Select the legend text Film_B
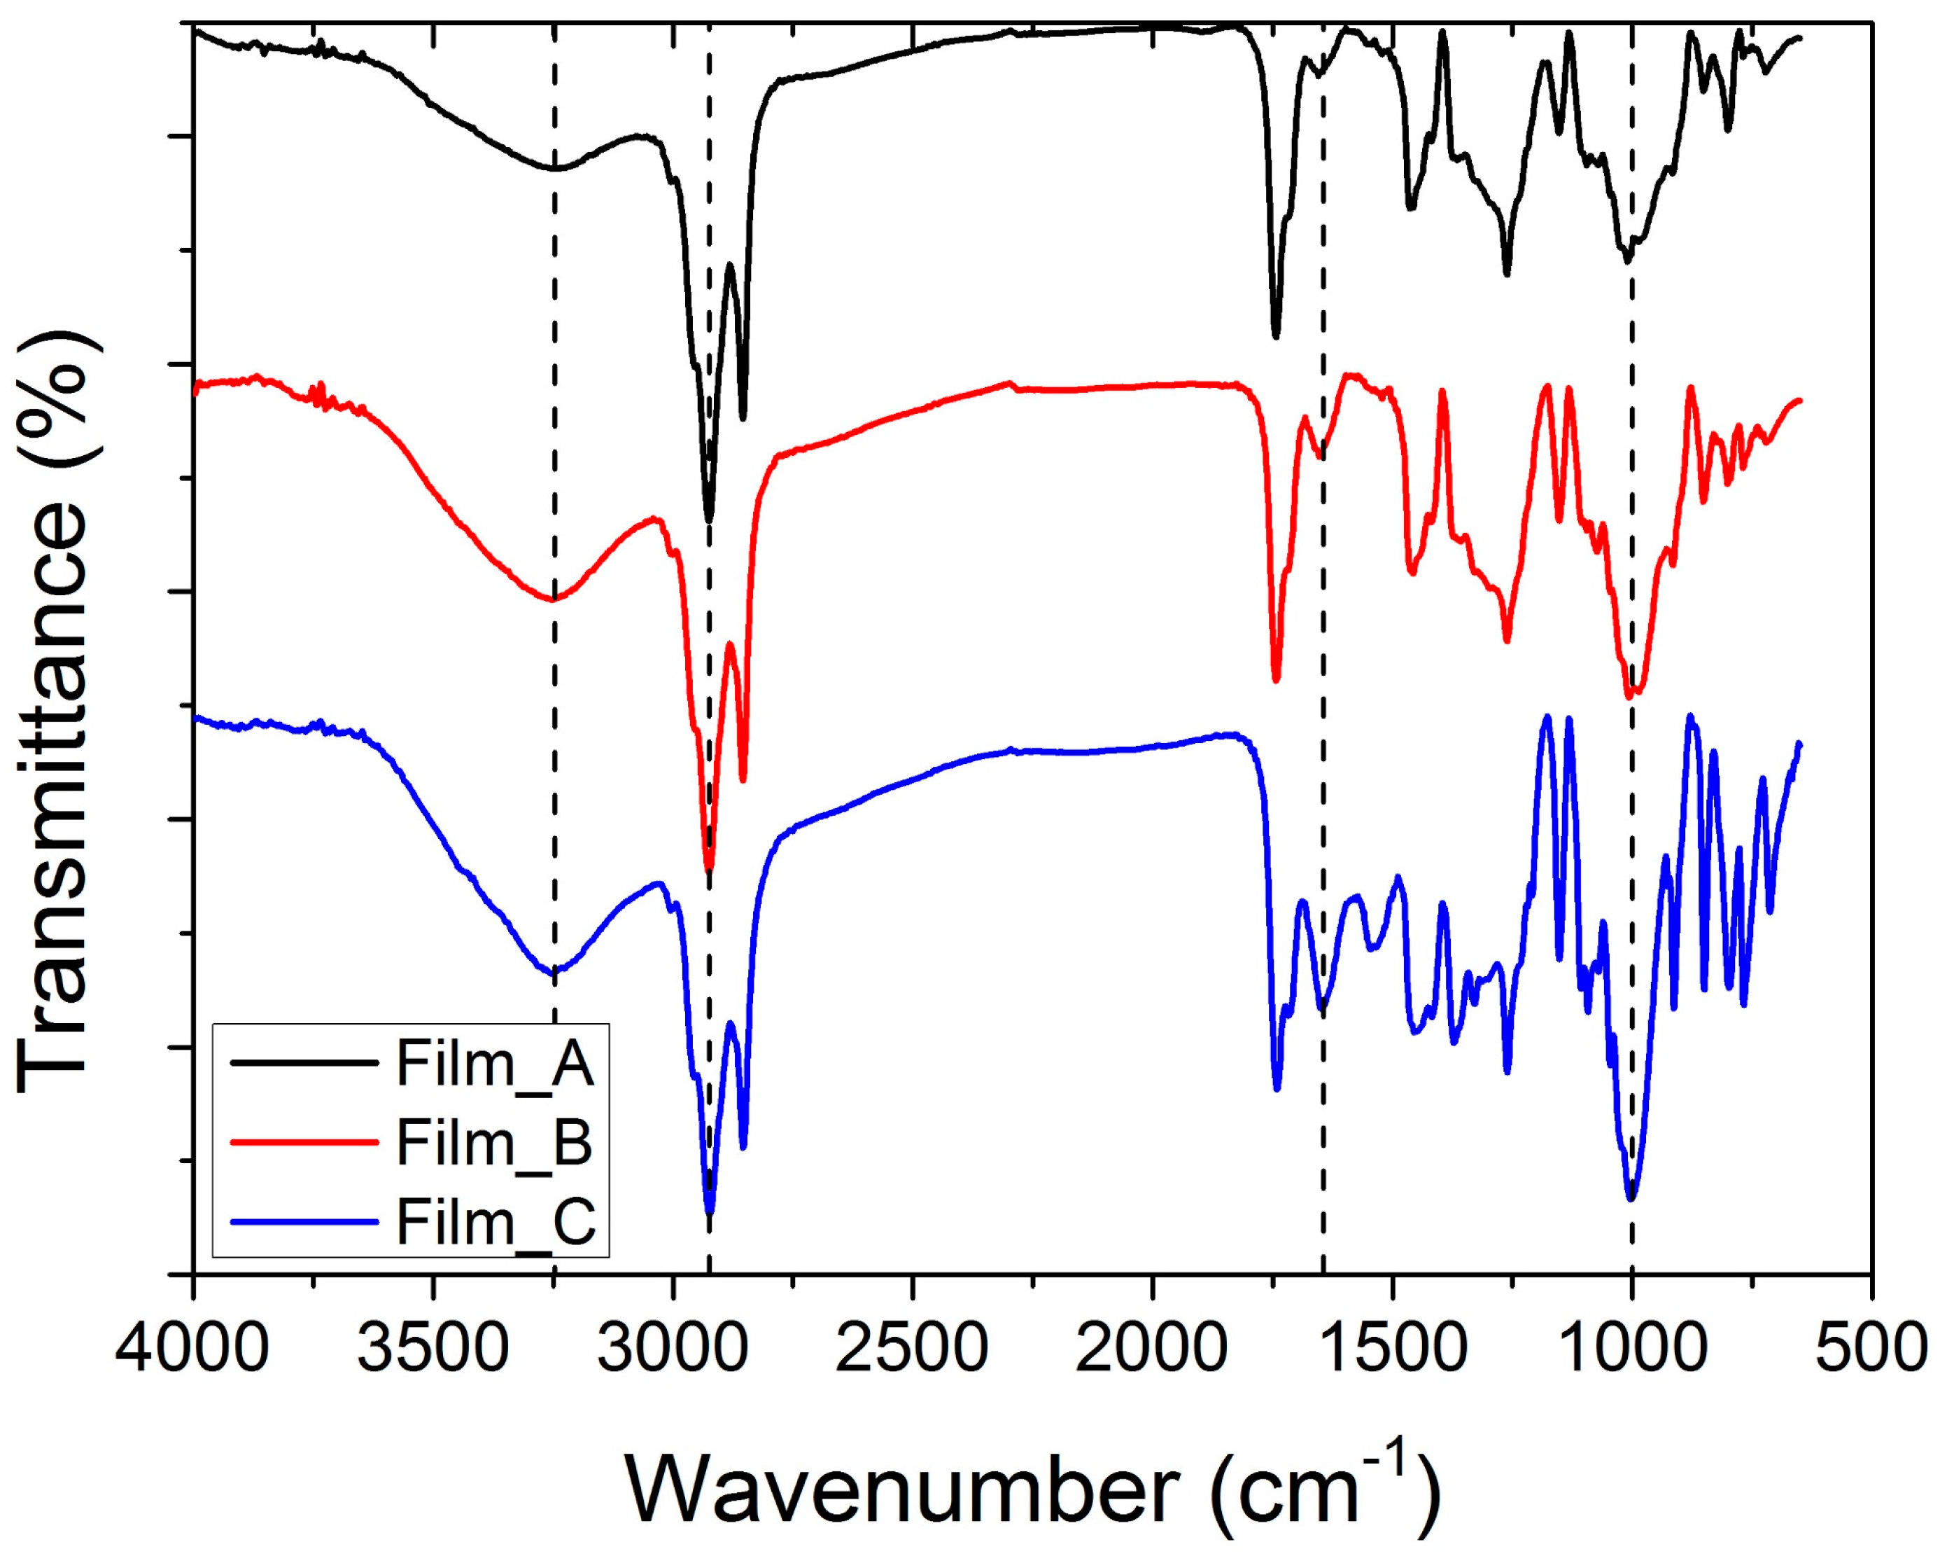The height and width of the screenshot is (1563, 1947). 495,1143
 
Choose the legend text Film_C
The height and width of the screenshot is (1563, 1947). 495,1221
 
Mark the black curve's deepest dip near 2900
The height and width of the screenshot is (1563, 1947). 709,520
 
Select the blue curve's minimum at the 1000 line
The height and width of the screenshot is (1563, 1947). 1631,1199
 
